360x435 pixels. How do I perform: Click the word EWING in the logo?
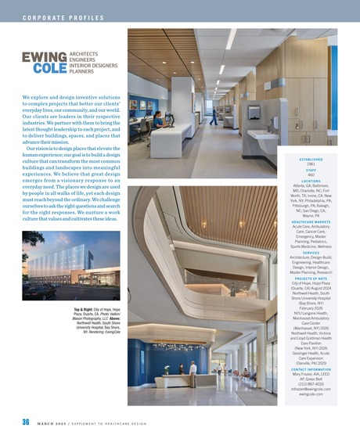tap(40, 58)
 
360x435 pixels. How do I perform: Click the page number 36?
tap(25, 422)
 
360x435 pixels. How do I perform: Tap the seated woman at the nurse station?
tap(158, 119)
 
